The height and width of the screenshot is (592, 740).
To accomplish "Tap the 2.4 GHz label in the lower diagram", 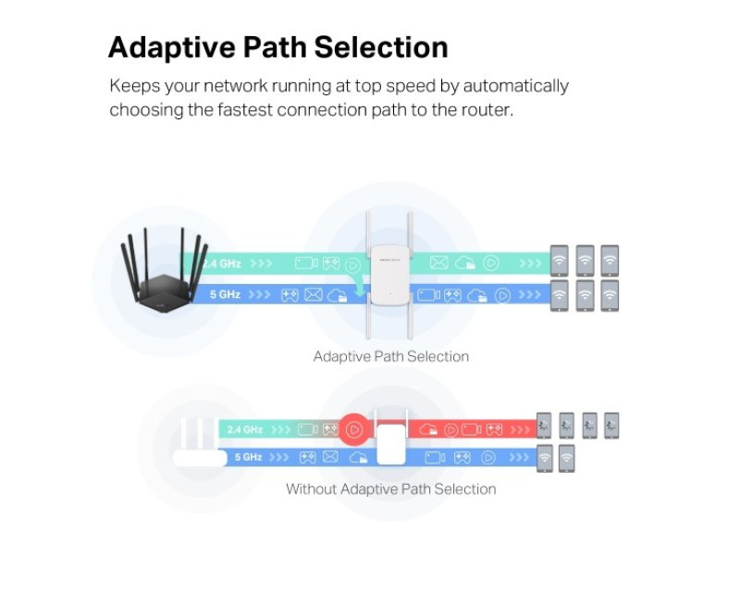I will coord(244,430).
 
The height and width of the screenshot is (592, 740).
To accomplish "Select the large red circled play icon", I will coord(353,429).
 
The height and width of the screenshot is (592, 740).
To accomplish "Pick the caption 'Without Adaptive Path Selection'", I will coord(390,488).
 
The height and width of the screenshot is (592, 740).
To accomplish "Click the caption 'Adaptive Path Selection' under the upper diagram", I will coord(390,356).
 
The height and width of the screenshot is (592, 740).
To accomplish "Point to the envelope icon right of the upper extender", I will coord(438,264).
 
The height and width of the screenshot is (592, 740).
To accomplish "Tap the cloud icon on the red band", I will coord(427,430).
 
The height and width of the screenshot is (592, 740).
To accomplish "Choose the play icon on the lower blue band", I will coord(487,457).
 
